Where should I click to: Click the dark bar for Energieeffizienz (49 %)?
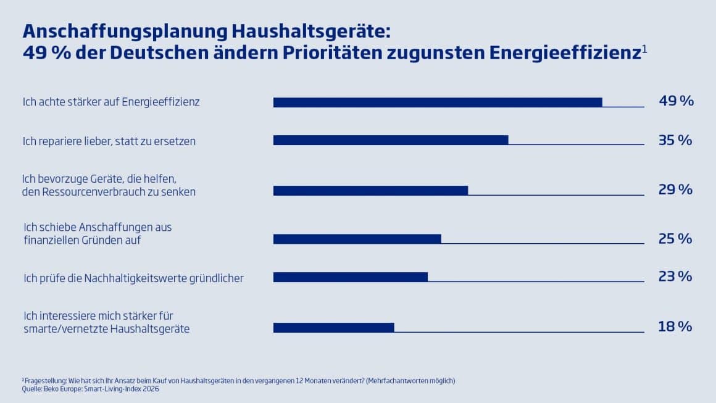tap(438, 102)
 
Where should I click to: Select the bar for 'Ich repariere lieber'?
tap(391, 140)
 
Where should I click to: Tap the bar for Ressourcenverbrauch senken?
tap(370, 190)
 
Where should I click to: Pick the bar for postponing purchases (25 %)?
tap(357, 239)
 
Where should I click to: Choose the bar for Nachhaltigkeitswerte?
tap(350, 277)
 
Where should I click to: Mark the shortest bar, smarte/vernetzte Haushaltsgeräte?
tap(333, 327)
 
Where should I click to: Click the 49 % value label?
tap(676, 101)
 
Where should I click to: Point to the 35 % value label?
tap(675, 140)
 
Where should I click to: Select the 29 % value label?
tap(675, 189)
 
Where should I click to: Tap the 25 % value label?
tap(675, 238)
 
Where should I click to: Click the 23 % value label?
tap(675, 276)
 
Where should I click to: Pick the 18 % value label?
tap(675, 326)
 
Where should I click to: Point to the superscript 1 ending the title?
tap(644, 48)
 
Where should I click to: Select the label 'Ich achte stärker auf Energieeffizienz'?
tap(111, 102)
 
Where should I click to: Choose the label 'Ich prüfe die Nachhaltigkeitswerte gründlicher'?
tap(133, 278)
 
